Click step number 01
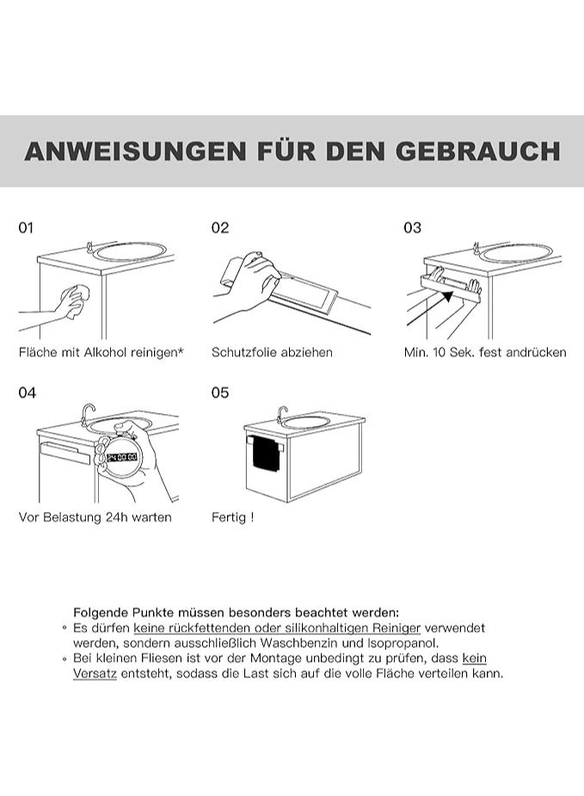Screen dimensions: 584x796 [x=26, y=228]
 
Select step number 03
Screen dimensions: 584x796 [x=412, y=228]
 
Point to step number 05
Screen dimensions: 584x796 [x=219, y=392]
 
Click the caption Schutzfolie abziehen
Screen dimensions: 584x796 [x=272, y=352]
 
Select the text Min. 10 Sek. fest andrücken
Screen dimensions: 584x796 [x=485, y=352]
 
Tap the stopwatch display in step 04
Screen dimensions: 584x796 [x=122, y=457]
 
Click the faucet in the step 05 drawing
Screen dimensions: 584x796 [x=281, y=413]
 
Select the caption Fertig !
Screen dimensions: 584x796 [x=232, y=517]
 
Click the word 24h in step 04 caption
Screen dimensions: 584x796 [x=117, y=517]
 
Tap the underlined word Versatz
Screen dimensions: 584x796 [x=95, y=674]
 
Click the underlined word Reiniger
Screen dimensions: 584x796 [x=397, y=628]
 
